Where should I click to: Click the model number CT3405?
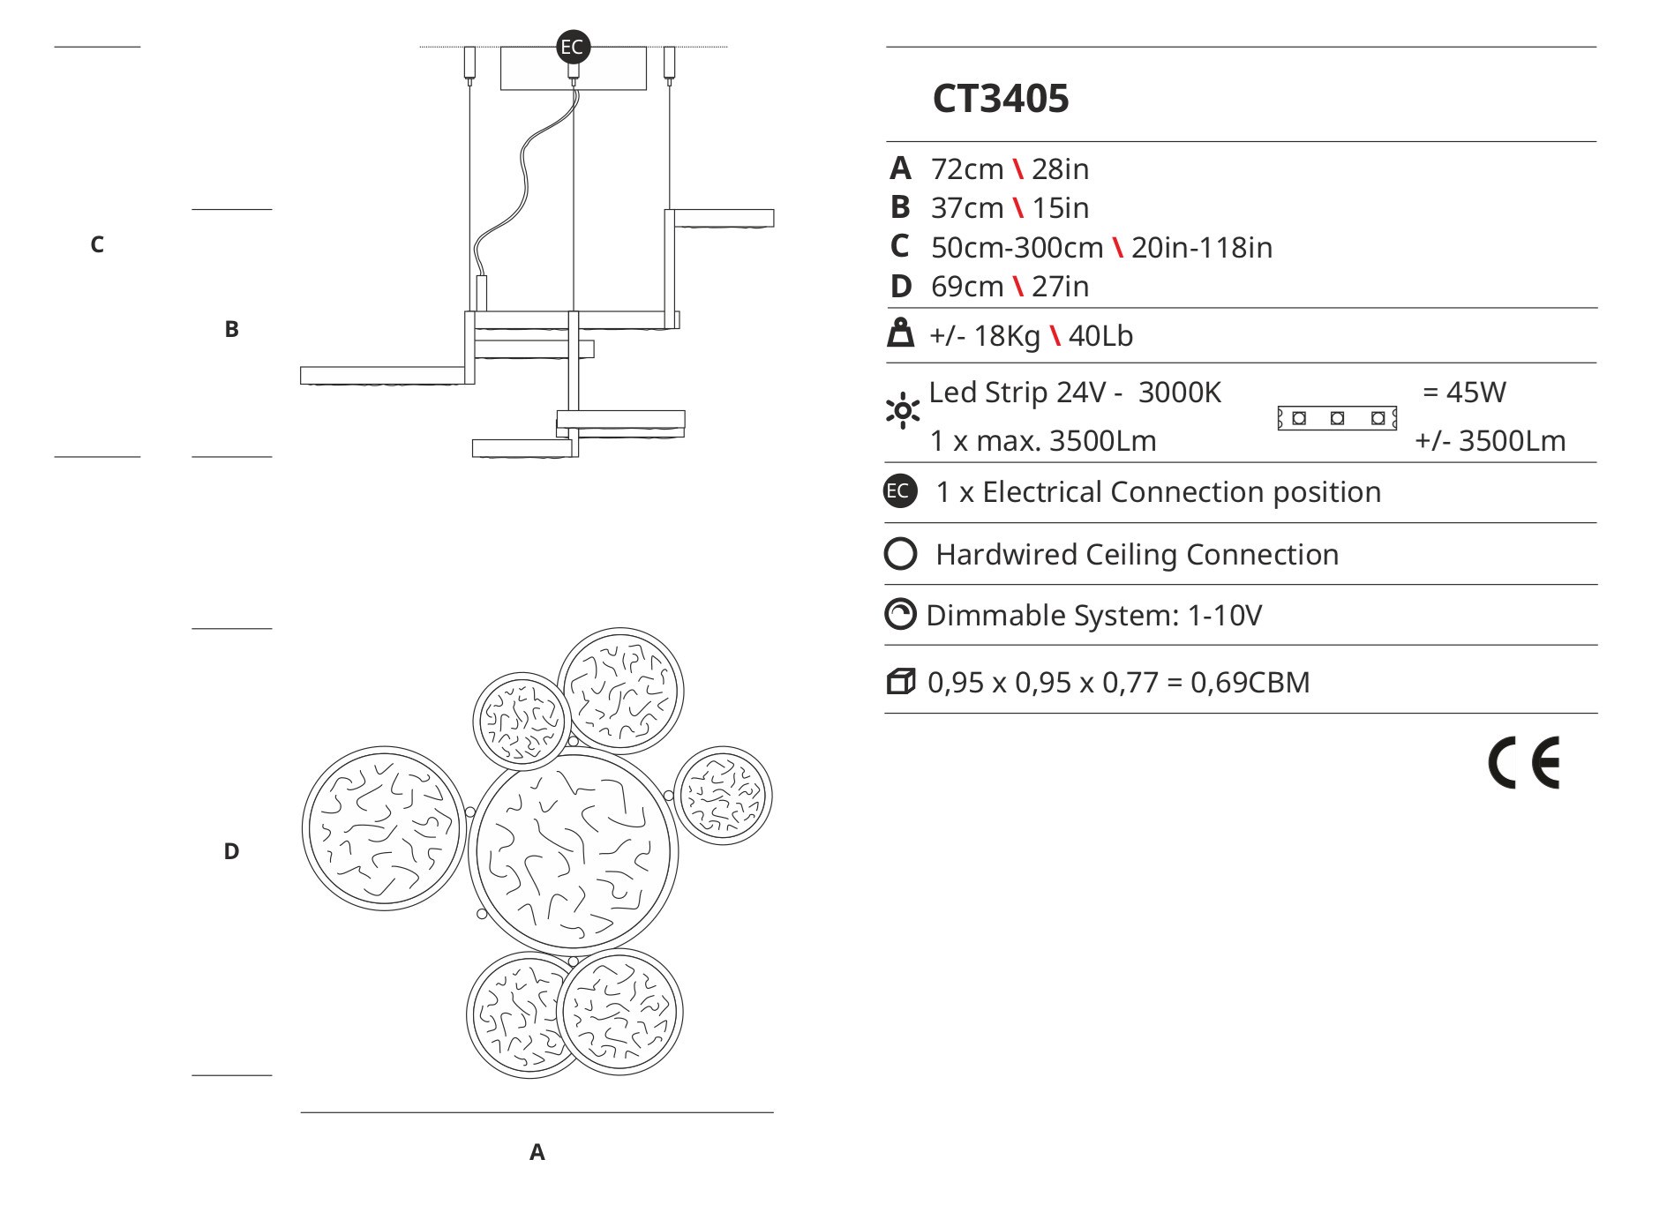pos(1000,99)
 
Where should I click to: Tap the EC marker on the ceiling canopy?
pos(573,46)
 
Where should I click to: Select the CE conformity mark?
pos(1524,762)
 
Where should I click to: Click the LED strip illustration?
pos(1337,418)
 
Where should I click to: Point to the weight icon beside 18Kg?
pos(900,334)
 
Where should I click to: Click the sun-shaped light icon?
pos(902,411)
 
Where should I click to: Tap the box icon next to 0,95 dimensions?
pos(900,682)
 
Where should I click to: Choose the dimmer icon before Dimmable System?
pos(900,615)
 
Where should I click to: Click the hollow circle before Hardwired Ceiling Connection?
pos(900,554)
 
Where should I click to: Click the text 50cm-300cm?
pos(1017,247)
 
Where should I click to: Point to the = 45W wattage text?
pos(1464,392)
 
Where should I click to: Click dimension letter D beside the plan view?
pos(231,851)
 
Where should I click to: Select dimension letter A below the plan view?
pos(537,1152)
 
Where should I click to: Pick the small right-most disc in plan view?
pos(723,796)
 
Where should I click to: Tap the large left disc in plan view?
pos(383,828)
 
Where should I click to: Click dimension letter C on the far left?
pos(97,244)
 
